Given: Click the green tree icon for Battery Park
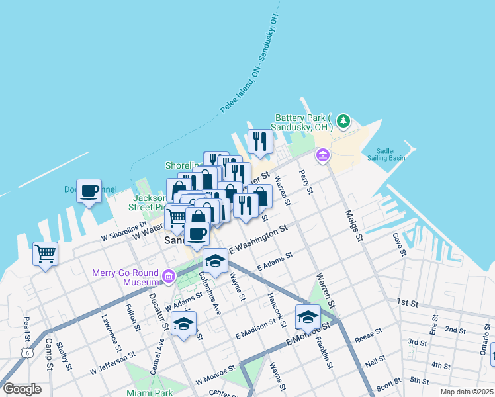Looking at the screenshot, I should [343, 121].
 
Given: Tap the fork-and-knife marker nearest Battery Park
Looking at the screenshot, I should [260, 141].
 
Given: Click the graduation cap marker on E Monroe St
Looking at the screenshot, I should [308, 317].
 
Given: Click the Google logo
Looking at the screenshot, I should [22, 388].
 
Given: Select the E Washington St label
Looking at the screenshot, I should [258, 240].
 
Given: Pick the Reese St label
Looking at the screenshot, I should [369, 333].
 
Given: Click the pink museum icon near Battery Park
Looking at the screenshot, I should [322, 155].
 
